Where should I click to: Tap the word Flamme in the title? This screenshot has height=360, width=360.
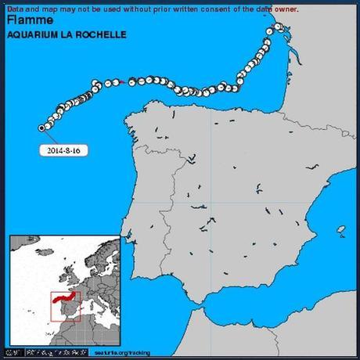click(27, 20)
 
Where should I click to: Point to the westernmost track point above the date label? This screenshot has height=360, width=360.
click(41, 127)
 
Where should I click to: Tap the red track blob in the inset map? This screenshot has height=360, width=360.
click(63, 298)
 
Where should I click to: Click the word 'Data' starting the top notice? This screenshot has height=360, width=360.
click(15, 9)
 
